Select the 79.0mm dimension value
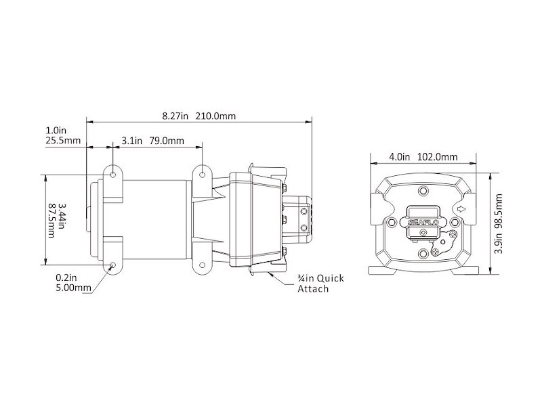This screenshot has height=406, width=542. click(x=166, y=141)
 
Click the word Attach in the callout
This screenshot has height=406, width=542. click(x=314, y=289)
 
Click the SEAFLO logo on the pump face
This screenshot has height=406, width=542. click(x=421, y=220)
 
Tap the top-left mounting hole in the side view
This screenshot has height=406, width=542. click(x=112, y=175)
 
